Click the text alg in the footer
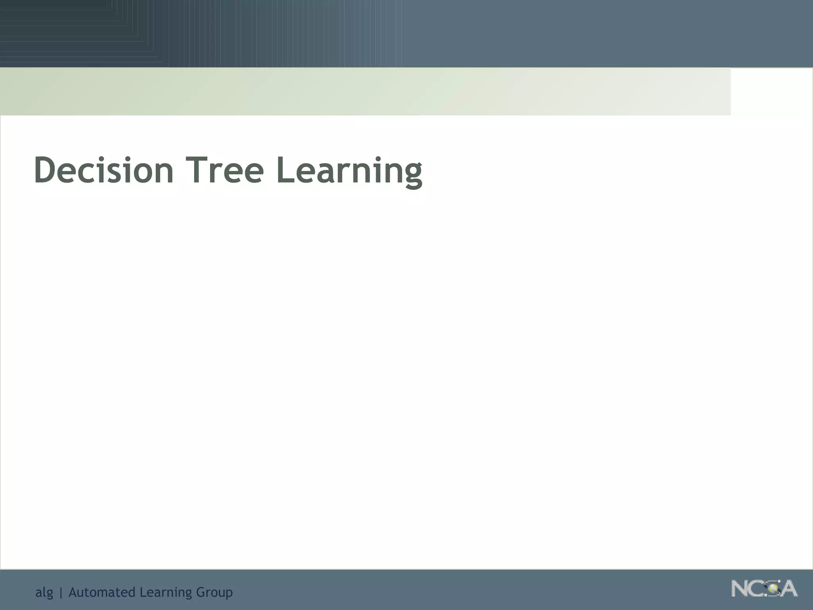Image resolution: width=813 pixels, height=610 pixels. coord(44,593)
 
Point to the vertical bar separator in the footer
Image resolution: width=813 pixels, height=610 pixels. coord(61,593)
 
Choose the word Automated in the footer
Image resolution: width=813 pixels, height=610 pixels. coord(102,592)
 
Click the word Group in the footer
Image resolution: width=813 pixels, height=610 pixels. coord(214,593)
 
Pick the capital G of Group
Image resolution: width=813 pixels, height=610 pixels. coord(200,592)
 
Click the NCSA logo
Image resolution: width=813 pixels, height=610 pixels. coord(764,589)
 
